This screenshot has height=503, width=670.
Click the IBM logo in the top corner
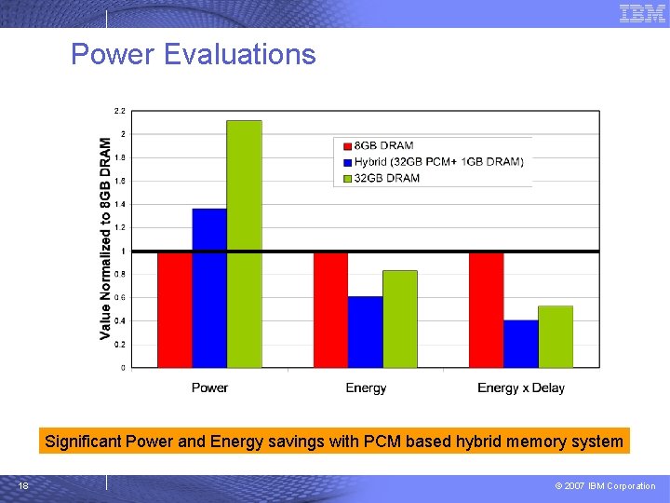coord(642,13)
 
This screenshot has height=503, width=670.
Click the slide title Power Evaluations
coord(194,54)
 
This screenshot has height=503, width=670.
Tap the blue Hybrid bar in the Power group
coord(209,287)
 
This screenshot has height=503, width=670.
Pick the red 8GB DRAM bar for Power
coord(175,309)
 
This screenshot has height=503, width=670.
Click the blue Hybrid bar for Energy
coord(366,332)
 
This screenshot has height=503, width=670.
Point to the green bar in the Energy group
coord(400,319)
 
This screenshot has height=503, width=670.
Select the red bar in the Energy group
coord(330,309)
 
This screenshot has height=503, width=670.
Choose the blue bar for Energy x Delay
coord(521,343)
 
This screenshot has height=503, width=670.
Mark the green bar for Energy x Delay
coord(556,336)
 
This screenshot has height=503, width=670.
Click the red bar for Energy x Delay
coord(486,309)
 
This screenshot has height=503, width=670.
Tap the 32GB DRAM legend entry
coord(387,178)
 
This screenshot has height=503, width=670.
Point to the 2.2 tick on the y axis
coord(119,111)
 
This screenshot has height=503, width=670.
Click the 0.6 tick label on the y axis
coord(119,297)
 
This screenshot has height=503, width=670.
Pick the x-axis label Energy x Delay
coord(521,387)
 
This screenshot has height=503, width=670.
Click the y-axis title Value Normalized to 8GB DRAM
coord(105,238)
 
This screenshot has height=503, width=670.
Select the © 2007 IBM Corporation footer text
coord(606,485)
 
